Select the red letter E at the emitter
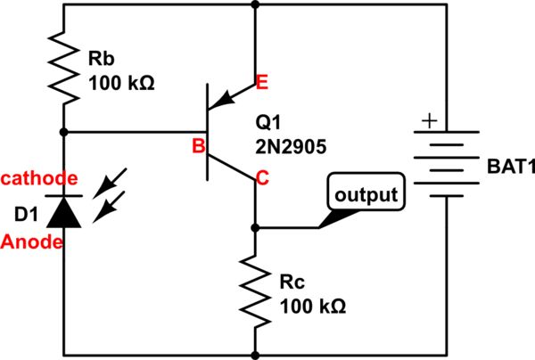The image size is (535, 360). pyautogui.click(x=262, y=84)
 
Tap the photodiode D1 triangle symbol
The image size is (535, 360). pyautogui.click(x=64, y=212)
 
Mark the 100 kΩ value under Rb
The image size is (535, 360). pyautogui.click(x=122, y=85)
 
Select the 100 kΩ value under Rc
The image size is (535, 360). pyautogui.click(x=313, y=307)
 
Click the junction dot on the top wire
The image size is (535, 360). pyautogui.click(x=256, y=4)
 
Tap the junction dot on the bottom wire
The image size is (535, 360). pyautogui.click(x=256, y=354)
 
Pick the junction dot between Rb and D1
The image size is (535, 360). pyautogui.click(x=64, y=133)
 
